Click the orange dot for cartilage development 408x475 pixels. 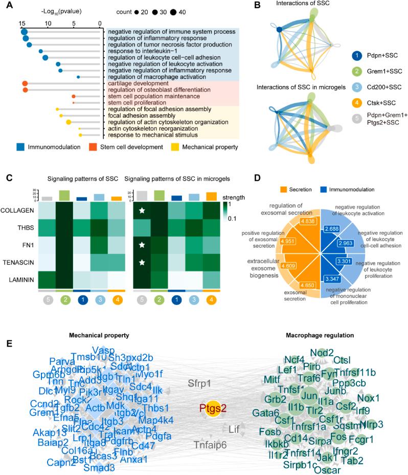point(24,83)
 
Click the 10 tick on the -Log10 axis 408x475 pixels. point(48,24)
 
